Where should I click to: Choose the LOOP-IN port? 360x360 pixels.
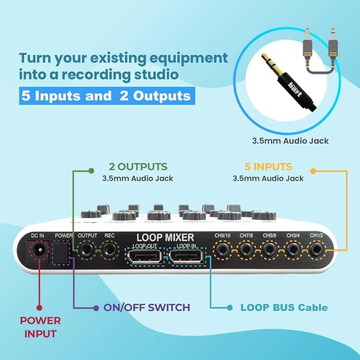pyautogui.click(x=187, y=256)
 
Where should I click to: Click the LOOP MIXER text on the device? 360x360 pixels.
pyautogui.click(x=165, y=237)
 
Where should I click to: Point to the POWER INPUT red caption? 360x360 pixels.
pyautogui.click(x=40, y=327)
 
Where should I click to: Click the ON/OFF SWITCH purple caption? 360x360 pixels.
pyautogui.click(x=147, y=308)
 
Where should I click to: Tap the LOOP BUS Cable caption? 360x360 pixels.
pyautogui.click(x=284, y=308)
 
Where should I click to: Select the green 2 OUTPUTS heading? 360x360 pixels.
pyautogui.click(x=138, y=167)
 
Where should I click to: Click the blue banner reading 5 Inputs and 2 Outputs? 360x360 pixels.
pyautogui.click(x=105, y=96)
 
